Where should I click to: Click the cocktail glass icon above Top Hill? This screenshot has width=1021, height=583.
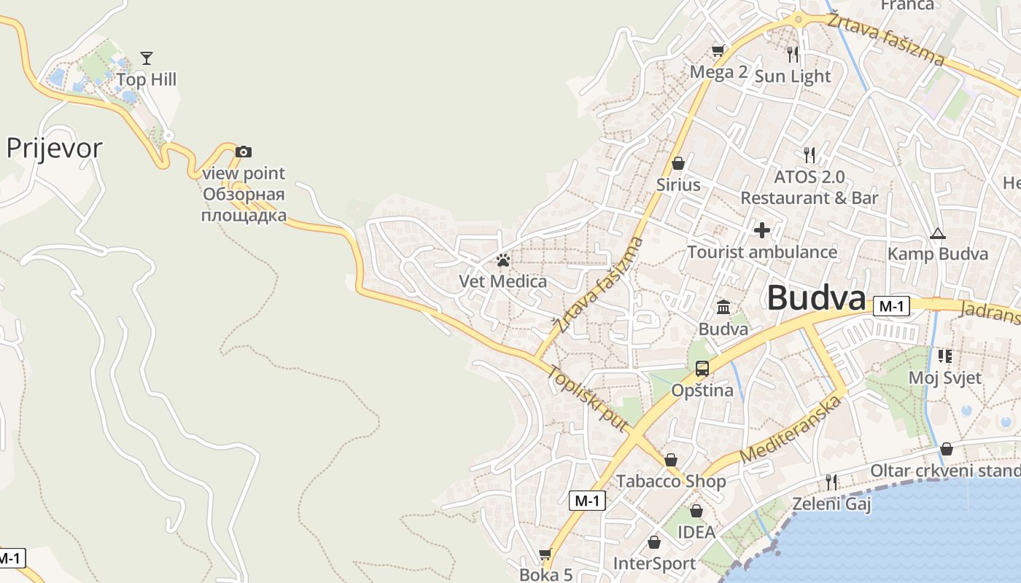tap(147, 58)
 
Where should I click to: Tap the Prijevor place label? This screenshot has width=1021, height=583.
tap(54, 149)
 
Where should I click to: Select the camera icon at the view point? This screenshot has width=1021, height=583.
tap(244, 152)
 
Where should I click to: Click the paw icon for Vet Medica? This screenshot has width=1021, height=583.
tap(502, 259)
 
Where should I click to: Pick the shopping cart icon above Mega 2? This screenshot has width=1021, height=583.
tap(718, 50)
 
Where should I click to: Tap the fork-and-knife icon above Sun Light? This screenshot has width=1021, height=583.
tap(793, 54)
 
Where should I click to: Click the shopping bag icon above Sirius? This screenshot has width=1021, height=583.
tap(678, 163)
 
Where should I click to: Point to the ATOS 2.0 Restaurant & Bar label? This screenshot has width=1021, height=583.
tap(810, 187)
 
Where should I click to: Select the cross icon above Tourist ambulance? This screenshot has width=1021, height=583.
tap(762, 231)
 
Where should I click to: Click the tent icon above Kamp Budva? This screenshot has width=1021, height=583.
tap(938, 233)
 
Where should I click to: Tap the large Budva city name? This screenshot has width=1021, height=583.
tap(816, 298)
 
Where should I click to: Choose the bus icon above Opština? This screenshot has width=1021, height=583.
tap(702, 369)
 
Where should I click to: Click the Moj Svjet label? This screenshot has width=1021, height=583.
tap(944, 377)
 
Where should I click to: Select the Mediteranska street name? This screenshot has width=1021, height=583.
tap(793, 425)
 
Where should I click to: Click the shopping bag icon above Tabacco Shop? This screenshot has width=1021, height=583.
tap(671, 460)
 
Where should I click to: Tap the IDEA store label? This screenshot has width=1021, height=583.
tap(696, 532)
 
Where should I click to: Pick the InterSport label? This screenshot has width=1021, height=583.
tap(654, 563)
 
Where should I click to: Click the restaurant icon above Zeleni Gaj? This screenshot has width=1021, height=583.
tap(831, 482)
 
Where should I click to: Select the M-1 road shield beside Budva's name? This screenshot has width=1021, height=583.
tap(891, 306)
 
